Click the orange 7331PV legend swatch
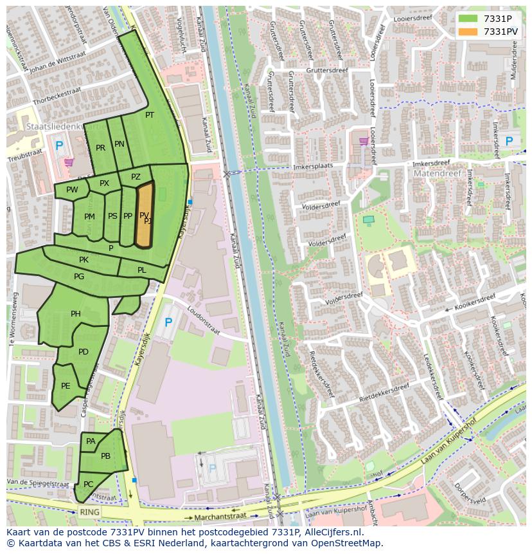tap(468, 32)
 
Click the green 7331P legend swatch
tap(468, 18)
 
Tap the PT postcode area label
tap(150, 115)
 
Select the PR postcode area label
tap(100, 148)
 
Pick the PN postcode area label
tap(120, 144)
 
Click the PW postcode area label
tap(72, 190)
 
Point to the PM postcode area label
tap(89, 217)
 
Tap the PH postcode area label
tap(76, 314)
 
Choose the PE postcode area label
tap(66, 386)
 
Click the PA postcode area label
tap(91, 441)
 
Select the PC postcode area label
tap(89, 484)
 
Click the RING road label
tap(89, 512)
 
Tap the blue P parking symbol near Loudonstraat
tap(168, 322)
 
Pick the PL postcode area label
tap(141, 270)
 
